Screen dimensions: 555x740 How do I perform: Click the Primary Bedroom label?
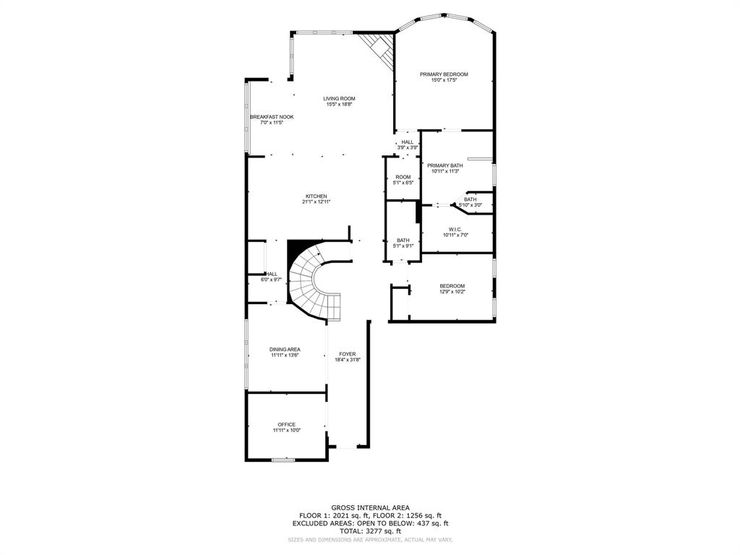point(444,74)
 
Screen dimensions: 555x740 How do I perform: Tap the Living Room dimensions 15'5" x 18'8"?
point(339,105)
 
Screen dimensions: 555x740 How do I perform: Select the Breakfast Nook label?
point(272,117)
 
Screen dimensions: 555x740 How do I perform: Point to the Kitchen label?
point(317,196)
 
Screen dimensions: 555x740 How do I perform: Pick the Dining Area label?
point(285,349)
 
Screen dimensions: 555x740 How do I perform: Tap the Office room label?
point(287,424)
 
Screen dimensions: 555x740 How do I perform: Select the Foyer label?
point(348,354)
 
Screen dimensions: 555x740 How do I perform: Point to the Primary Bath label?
point(444,165)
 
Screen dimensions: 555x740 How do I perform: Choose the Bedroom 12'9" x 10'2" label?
point(452,285)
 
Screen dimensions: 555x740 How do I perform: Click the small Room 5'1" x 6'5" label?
point(403,177)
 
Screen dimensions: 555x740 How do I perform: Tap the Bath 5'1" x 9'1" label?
point(403,240)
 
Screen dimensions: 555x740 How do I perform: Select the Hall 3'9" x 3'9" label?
point(408,142)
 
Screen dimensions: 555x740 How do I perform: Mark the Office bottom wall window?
point(283,460)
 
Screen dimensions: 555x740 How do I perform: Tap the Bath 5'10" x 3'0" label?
point(470,199)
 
